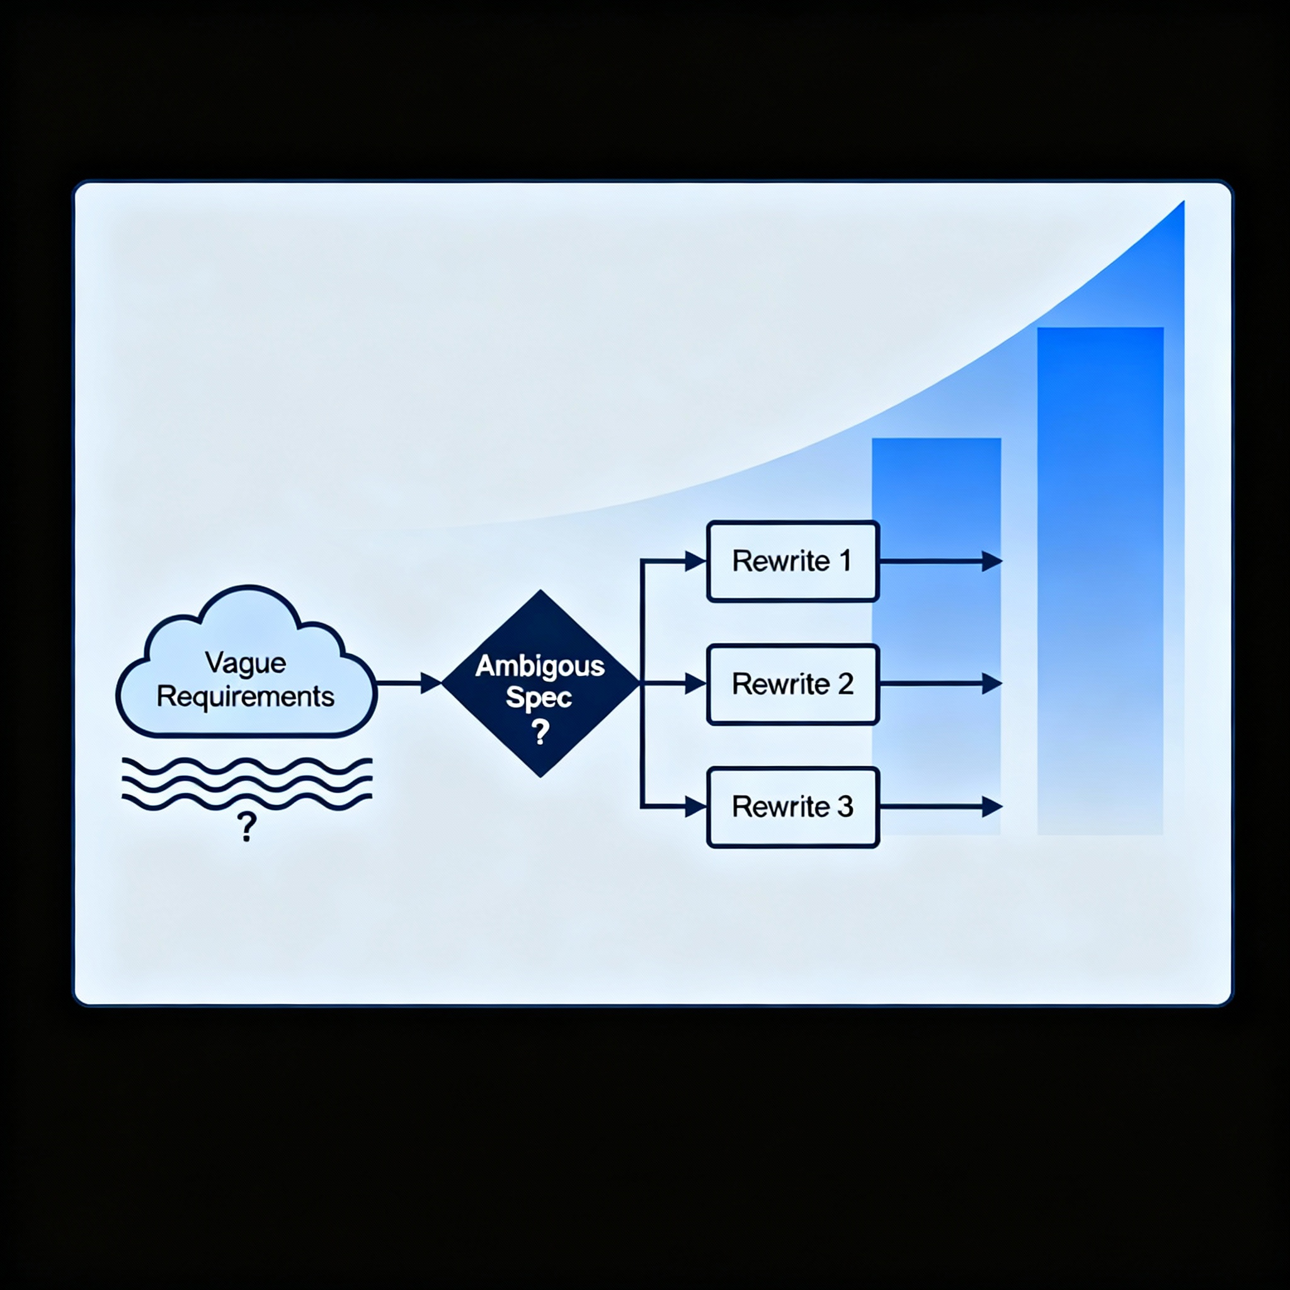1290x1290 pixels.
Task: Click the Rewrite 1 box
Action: click(x=792, y=561)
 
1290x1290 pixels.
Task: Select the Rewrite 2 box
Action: click(x=792, y=683)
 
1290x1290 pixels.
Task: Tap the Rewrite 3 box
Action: click(x=792, y=807)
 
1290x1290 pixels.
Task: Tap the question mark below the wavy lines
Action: click(x=246, y=827)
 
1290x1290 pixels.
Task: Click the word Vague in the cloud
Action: click(x=246, y=663)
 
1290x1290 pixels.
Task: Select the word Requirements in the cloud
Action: click(x=246, y=697)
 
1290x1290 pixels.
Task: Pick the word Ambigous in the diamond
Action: click(x=540, y=666)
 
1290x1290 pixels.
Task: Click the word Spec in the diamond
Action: click(x=539, y=698)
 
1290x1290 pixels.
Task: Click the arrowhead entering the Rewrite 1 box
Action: click(x=697, y=561)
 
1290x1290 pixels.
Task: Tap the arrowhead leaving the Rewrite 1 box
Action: click(x=992, y=561)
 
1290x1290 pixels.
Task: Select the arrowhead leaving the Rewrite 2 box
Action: click(x=992, y=683)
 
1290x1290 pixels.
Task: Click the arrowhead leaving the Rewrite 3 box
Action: click(x=992, y=807)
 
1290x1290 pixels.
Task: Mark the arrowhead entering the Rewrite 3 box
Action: click(x=697, y=808)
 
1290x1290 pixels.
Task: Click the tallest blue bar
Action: click(x=1100, y=581)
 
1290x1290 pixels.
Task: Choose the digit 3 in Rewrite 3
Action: click(x=845, y=807)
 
